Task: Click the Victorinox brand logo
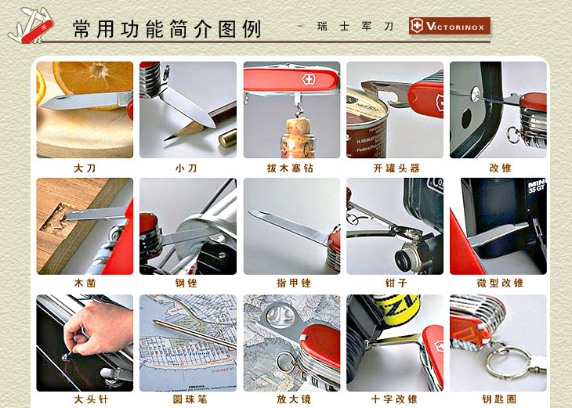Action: click(x=450, y=26)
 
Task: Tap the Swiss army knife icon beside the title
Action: click(x=31, y=26)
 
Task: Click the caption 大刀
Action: click(x=85, y=168)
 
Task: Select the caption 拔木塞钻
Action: click(x=291, y=168)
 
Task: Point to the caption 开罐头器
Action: click(x=396, y=168)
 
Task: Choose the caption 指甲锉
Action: click(x=293, y=283)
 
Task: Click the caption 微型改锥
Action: click(x=500, y=283)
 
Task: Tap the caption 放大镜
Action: click(x=293, y=399)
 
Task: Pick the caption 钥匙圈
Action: click(x=499, y=399)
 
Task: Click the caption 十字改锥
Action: click(x=394, y=399)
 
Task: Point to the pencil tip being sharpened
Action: click(x=168, y=138)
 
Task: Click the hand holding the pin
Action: click(x=98, y=328)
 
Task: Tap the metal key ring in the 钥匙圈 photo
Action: click(x=508, y=362)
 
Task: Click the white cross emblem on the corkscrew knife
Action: click(x=308, y=79)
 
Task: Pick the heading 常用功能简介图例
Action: click(x=167, y=28)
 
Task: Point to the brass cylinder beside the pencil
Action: click(x=228, y=137)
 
